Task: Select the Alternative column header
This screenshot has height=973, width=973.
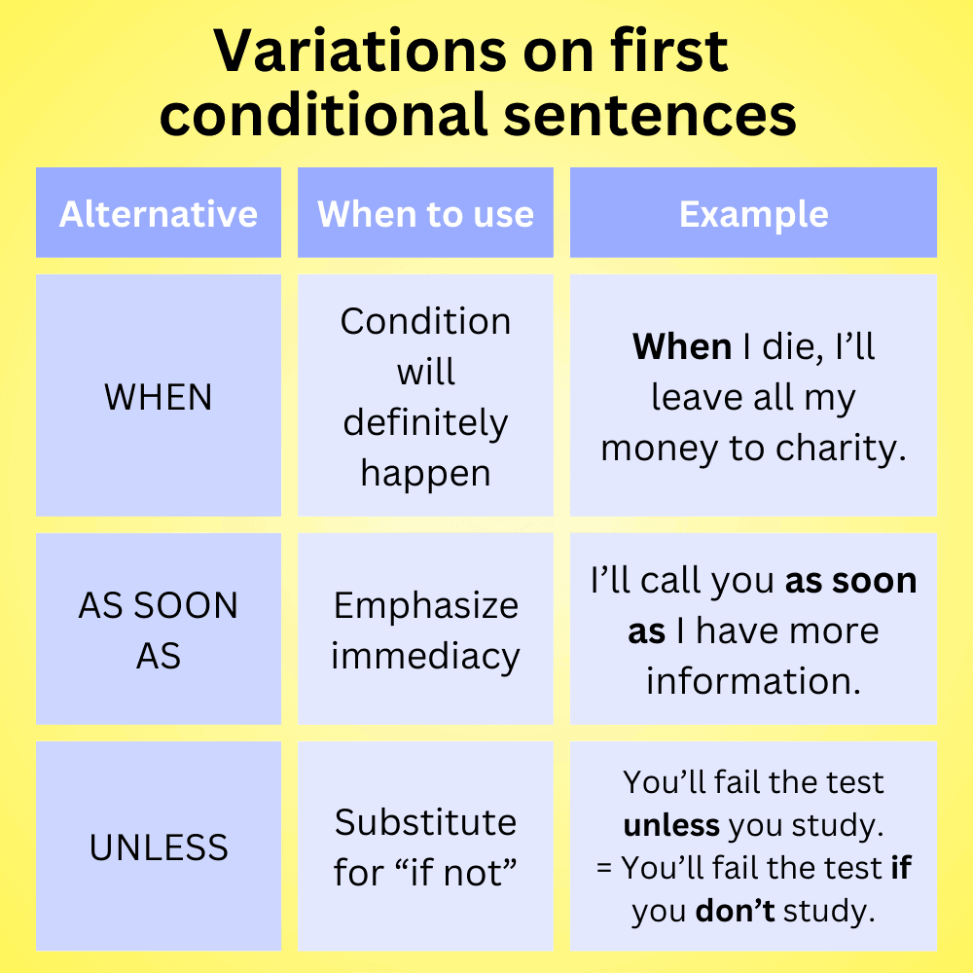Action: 159,214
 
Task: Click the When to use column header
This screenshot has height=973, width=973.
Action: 425,214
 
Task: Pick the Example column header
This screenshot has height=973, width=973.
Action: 753,214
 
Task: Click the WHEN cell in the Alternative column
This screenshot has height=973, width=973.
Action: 159,397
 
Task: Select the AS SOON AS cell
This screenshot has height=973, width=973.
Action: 159,631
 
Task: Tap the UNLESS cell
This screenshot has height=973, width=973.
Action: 159,847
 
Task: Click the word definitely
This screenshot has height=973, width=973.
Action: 425,423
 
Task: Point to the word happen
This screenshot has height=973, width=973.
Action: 425,474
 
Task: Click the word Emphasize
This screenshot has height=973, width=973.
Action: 425,606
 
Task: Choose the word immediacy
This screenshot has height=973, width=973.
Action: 425,657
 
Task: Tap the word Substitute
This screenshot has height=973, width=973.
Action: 425,823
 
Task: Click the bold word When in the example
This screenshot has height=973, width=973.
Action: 682,347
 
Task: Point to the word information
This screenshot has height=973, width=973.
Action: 753,681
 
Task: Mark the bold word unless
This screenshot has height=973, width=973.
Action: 671,825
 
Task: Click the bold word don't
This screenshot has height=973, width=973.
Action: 735,912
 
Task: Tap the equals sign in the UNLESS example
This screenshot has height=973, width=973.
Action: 604,868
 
